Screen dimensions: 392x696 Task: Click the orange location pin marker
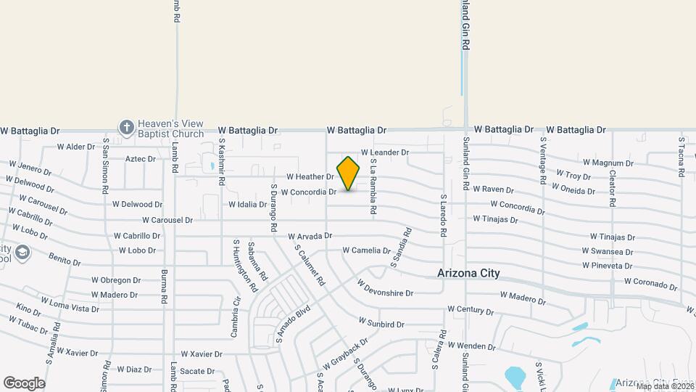click(x=349, y=173)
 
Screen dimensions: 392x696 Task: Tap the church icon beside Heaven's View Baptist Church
click(x=127, y=128)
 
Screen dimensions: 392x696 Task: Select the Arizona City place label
click(x=468, y=274)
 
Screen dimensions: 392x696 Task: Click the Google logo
click(x=24, y=383)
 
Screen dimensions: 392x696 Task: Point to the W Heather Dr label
click(x=310, y=176)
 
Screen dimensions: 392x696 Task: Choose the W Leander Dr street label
click(x=385, y=152)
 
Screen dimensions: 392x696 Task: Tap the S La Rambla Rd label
click(x=373, y=187)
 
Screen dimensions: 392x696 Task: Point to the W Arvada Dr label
click(x=310, y=236)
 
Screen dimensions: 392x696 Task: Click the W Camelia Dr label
click(x=366, y=250)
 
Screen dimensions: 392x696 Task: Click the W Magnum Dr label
click(x=608, y=163)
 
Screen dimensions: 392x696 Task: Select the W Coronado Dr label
click(x=651, y=282)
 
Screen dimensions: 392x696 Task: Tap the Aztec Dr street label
click(x=141, y=158)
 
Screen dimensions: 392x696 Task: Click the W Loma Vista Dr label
click(x=70, y=304)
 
